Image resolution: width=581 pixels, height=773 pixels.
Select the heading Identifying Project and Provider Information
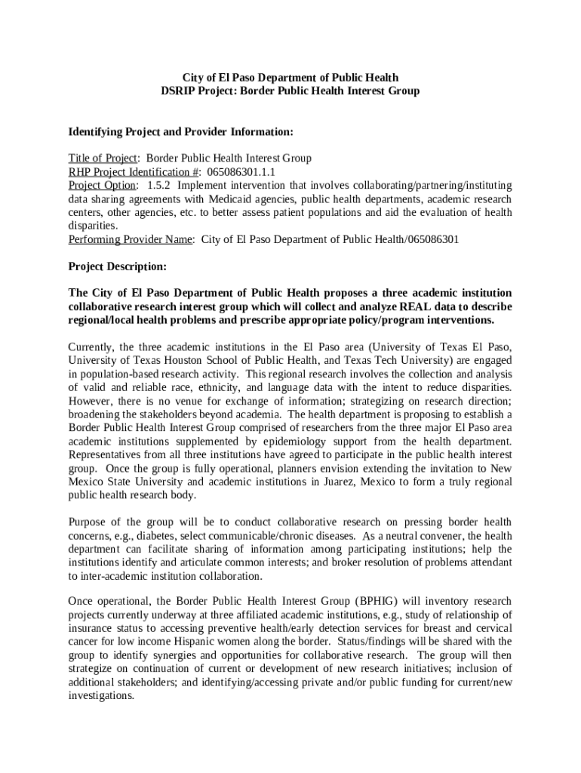click(x=180, y=132)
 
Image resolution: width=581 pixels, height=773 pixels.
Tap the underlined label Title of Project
click(x=103, y=159)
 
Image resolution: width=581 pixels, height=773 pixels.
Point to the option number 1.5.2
click(x=159, y=186)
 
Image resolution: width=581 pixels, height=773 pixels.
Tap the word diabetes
click(x=137, y=536)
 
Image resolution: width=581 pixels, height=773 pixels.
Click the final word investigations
click(x=101, y=696)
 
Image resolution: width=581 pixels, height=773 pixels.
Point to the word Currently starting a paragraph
click(x=92, y=347)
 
